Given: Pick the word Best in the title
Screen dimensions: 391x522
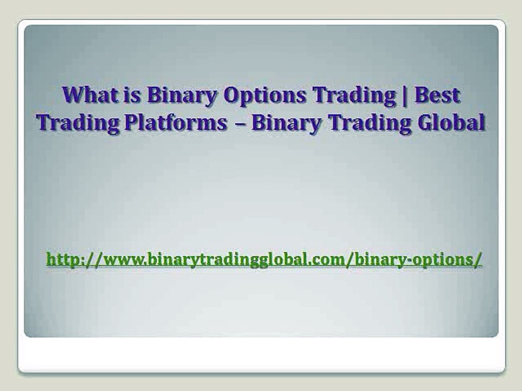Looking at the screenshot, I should point(437,96).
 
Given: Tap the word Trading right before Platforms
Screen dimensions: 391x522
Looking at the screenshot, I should point(78,123).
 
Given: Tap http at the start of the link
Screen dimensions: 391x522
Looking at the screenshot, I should point(63,259).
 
